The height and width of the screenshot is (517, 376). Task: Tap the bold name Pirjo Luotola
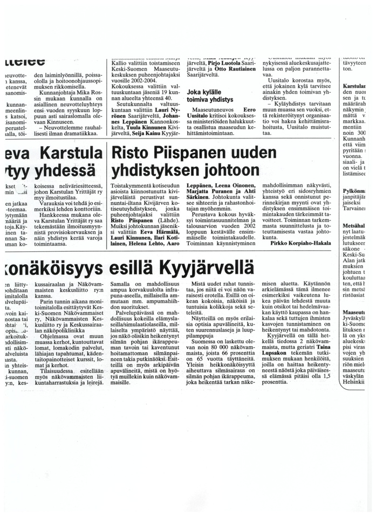click(x=220, y=63)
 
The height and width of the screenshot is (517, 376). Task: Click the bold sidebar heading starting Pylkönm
click(x=354, y=191)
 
